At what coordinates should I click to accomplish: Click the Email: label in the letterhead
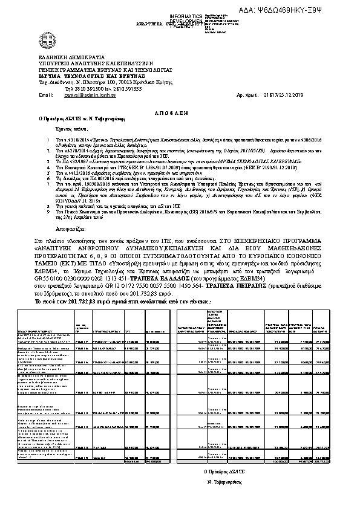(x=46, y=95)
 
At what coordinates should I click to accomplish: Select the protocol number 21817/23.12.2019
(x=278, y=95)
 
